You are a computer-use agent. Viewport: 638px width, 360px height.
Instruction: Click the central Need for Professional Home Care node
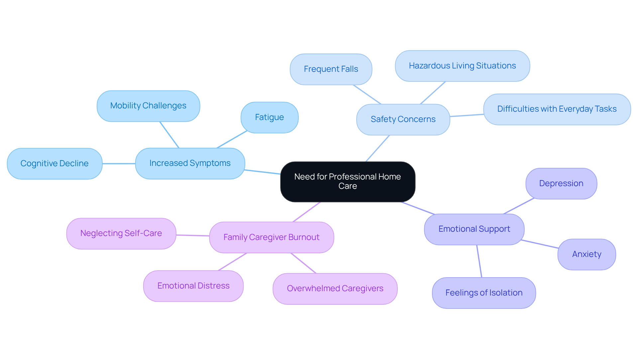tap(348, 181)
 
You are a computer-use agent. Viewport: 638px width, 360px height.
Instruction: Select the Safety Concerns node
tap(403, 119)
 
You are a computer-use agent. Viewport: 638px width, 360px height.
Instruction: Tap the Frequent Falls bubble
tap(331, 69)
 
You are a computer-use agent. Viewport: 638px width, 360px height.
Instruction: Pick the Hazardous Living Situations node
tap(462, 66)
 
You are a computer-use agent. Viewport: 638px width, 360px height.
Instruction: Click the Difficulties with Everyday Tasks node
tap(557, 109)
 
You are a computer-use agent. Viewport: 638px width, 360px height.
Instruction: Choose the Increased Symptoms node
tap(190, 163)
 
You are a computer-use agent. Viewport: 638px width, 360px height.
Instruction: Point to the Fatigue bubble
tap(269, 117)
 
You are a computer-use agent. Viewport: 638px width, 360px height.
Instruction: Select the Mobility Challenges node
tap(148, 106)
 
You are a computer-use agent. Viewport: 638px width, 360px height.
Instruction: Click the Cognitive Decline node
tap(54, 164)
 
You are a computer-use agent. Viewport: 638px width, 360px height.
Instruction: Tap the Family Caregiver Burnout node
tap(271, 237)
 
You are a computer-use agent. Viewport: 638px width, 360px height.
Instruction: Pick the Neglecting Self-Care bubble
tap(121, 233)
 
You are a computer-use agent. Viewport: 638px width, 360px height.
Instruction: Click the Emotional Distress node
tap(193, 286)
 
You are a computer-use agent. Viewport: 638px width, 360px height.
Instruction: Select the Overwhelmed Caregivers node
tap(335, 289)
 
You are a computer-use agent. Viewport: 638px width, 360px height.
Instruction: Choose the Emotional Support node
tap(474, 229)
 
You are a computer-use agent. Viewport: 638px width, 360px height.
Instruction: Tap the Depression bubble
tap(561, 183)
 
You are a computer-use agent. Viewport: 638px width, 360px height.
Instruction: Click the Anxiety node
tap(586, 254)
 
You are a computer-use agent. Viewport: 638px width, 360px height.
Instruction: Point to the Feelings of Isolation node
tap(484, 293)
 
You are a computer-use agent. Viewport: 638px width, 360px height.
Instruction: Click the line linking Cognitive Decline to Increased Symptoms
tap(119, 164)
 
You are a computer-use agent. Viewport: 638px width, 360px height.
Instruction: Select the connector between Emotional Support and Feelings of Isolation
tap(479, 261)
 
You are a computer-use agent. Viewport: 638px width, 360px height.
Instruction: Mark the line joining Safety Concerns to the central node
tap(377, 149)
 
